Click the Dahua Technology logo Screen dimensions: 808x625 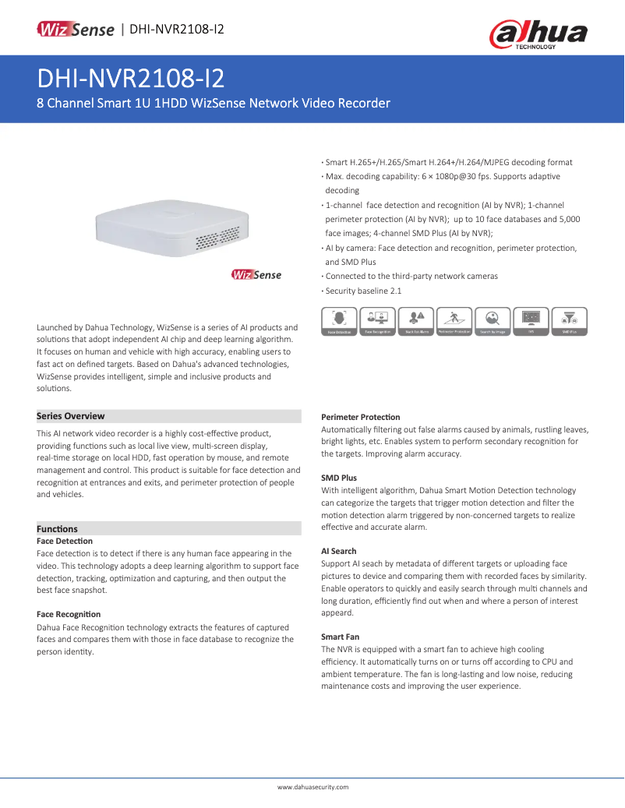538,34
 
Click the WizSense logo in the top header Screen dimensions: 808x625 76,30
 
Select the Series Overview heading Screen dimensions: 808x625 71,416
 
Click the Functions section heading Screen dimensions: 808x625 57,528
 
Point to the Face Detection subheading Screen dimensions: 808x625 65,541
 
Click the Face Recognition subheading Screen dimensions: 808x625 69,614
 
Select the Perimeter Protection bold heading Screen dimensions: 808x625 360,417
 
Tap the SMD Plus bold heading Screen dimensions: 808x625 339,478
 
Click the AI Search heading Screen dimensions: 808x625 339,551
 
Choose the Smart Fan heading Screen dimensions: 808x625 340,637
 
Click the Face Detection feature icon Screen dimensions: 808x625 339,320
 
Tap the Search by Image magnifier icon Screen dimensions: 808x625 492,320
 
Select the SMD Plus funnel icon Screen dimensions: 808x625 569,320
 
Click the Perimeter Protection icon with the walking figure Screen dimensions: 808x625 454,320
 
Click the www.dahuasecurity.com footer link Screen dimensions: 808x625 312,787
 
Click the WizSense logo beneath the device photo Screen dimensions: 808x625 256,274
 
